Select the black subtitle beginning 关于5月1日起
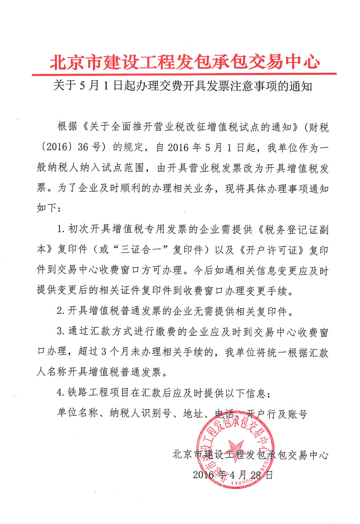tap(180, 86)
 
